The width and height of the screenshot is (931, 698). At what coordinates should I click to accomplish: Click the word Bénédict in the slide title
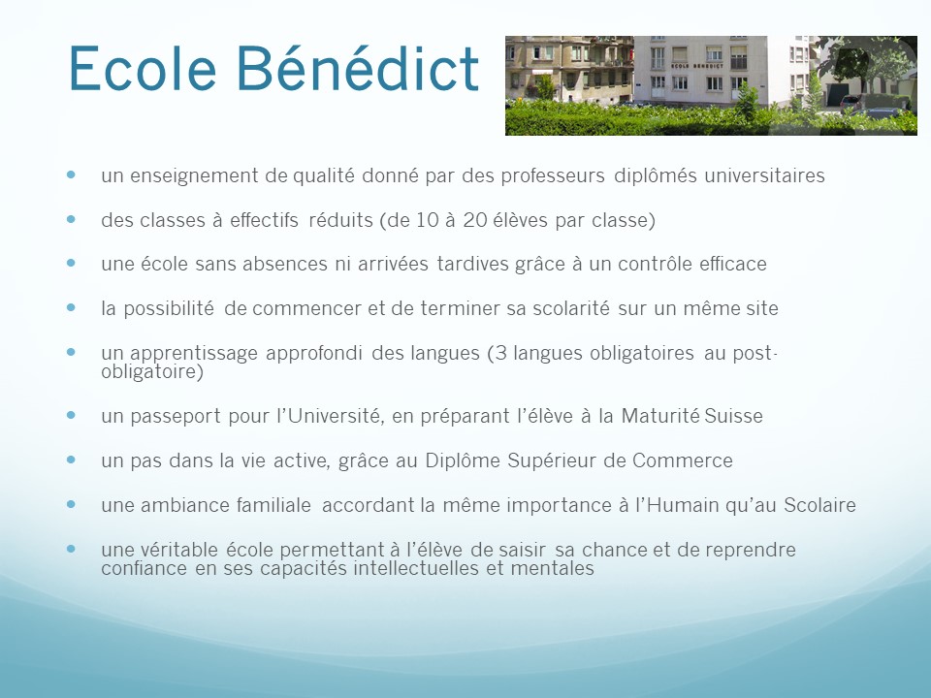(358, 68)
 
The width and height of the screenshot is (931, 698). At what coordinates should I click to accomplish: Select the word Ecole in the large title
(143, 68)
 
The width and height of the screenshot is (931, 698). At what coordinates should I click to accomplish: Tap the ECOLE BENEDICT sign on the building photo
(697, 66)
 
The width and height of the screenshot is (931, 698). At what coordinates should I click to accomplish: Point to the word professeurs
(553, 176)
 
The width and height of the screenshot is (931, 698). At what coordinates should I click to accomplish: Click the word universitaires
(765, 175)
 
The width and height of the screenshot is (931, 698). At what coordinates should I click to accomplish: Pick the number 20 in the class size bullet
(475, 220)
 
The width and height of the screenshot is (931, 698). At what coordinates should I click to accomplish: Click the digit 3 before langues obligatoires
(500, 353)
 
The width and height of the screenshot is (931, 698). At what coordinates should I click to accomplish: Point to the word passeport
(176, 417)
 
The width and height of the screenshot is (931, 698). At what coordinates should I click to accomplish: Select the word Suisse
(733, 416)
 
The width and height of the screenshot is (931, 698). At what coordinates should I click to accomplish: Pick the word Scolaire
(820, 505)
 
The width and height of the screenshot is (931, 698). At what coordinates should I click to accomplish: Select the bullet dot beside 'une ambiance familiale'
(71, 504)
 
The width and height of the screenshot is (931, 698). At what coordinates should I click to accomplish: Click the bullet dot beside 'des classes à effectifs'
(71, 219)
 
